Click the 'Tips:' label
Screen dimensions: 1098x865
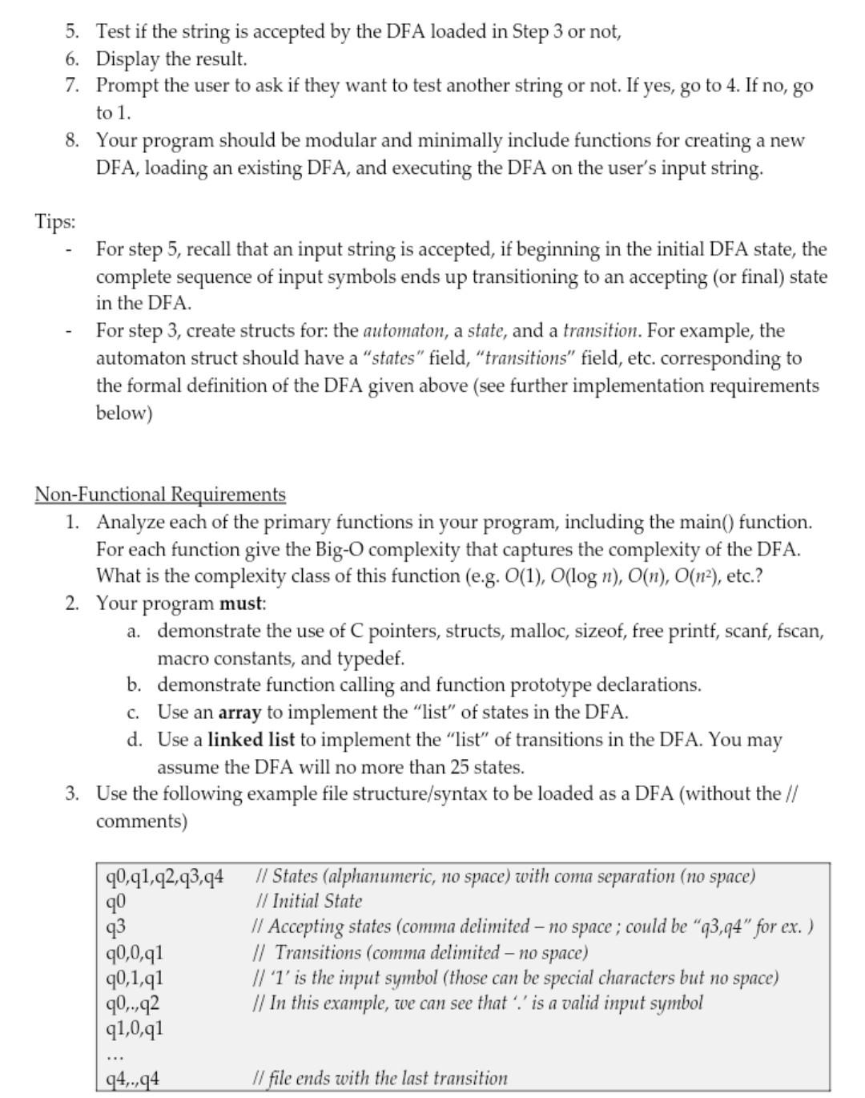tap(54, 222)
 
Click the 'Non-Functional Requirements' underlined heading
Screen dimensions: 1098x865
tap(160, 495)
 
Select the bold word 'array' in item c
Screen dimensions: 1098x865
tap(239, 712)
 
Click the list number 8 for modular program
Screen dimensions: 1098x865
tap(72, 140)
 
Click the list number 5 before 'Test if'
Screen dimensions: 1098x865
tap(72, 32)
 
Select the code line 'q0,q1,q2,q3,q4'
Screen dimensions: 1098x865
tap(164, 876)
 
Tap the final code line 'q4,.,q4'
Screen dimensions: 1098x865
tap(133, 1079)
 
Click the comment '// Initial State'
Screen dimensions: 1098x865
tap(308, 902)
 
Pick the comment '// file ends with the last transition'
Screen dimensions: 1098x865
tap(380, 1079)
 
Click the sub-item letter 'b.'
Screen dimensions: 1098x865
tap(134, 685)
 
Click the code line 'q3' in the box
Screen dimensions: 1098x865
tap(116, 927)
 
